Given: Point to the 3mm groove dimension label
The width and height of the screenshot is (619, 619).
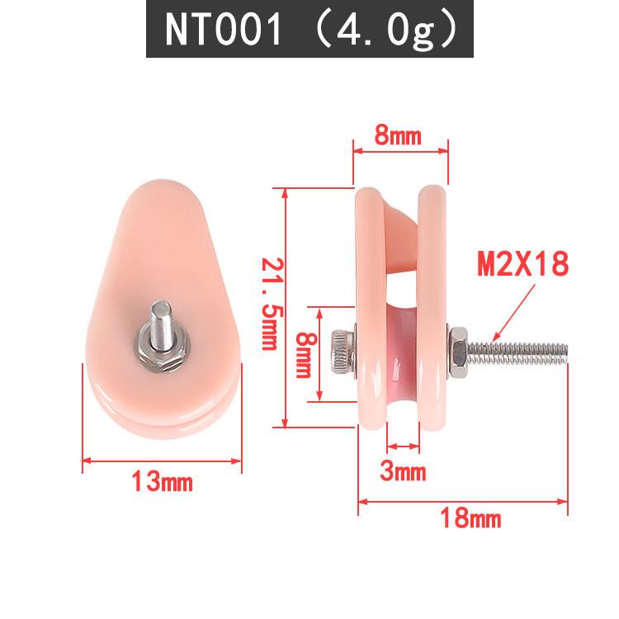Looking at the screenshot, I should (x=403, y=471).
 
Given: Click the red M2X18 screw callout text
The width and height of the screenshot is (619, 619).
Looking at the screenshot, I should (x=523, y=264).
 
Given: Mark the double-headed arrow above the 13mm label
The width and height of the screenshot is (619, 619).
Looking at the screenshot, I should (x=162, y=461).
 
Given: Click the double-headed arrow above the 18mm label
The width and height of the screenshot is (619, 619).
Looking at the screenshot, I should (x=463, y=500).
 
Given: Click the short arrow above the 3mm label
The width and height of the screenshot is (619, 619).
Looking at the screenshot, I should (x=403, y=447).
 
